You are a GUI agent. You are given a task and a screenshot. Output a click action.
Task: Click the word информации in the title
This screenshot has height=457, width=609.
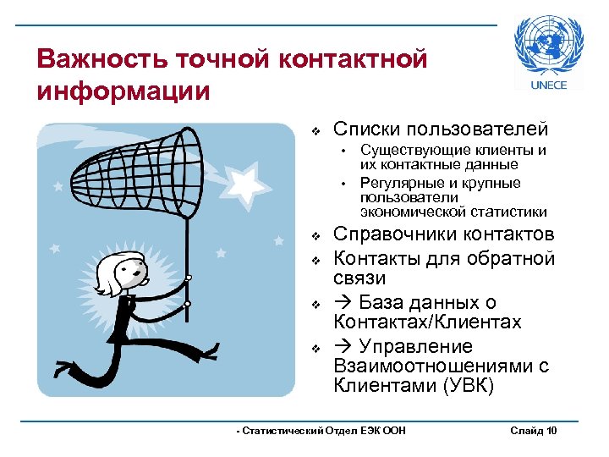pyautogui.click(x=123, y=90)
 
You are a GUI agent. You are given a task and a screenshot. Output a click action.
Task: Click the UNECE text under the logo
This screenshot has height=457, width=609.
pyautogui.click(x=548, y=86)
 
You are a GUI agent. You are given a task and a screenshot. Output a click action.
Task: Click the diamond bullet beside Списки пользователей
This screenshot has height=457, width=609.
pyautogui.click(x=315, y=131)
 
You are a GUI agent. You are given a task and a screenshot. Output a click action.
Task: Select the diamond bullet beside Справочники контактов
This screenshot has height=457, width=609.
pyautogui.click(x=315, y=236)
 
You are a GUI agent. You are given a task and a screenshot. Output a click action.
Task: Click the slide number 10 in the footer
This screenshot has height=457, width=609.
pyautogui.click(x=551, y=432)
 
